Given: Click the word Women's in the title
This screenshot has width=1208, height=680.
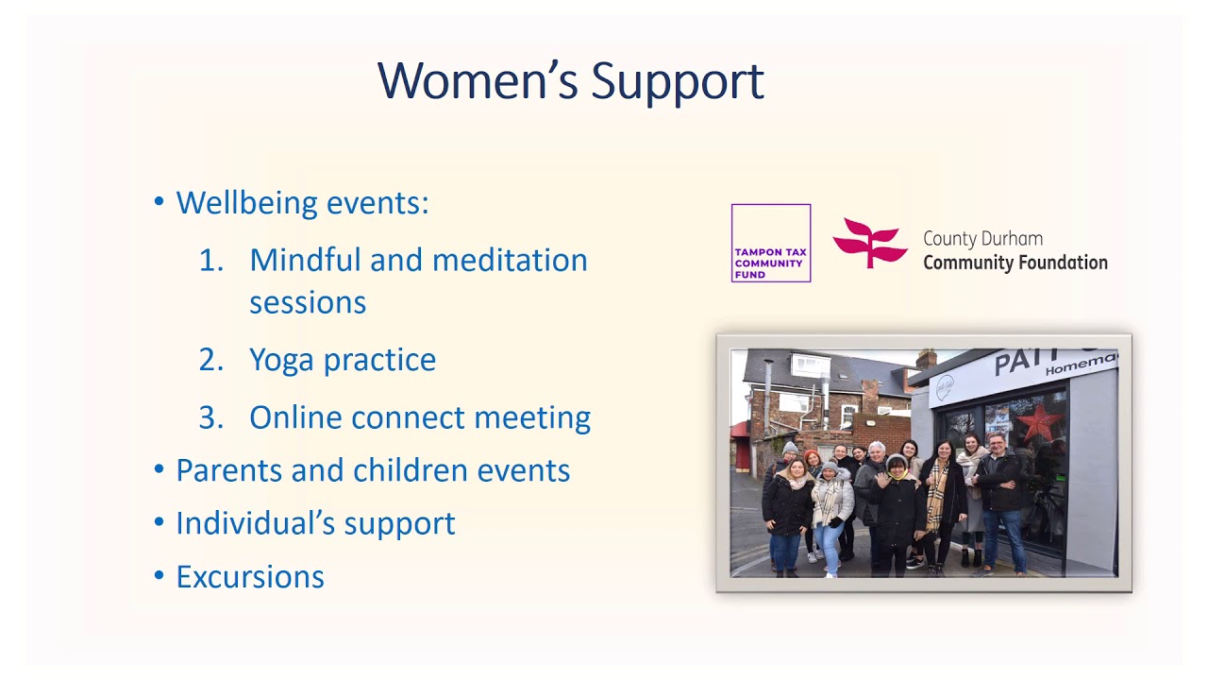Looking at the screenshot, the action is tap(478, 81).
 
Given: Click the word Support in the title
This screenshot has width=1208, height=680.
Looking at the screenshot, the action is tap(678, 83).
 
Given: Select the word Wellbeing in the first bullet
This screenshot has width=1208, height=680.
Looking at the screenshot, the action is tap(247, 203).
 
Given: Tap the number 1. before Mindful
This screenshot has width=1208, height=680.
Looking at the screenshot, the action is tap(211, 260).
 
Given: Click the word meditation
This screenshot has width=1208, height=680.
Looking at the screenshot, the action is tap(510, 260).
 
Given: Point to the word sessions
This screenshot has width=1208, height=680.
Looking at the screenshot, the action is tap(308, 302).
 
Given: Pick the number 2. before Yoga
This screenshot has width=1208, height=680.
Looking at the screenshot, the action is tap(211, 360).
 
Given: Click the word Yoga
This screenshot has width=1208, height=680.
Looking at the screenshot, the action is tap(281, 361).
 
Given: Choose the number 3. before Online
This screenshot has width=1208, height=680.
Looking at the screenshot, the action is tap(211, 417).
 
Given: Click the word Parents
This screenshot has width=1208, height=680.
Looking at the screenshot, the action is tap(228, 470).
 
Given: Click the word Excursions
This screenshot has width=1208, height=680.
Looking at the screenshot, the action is tap(250, 577).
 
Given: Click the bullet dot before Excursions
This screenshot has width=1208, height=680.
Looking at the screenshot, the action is tap(159, 575).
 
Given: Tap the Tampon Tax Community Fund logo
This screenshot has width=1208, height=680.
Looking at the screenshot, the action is tap(771, 243).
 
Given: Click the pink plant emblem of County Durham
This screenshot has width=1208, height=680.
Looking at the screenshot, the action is tap(870, 243).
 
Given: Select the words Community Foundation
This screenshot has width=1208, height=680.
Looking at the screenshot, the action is tap(1015, 263).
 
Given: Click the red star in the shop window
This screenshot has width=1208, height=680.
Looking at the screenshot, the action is tap(1039, 422).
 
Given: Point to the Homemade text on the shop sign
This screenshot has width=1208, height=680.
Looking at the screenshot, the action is tap(1081, 365).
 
